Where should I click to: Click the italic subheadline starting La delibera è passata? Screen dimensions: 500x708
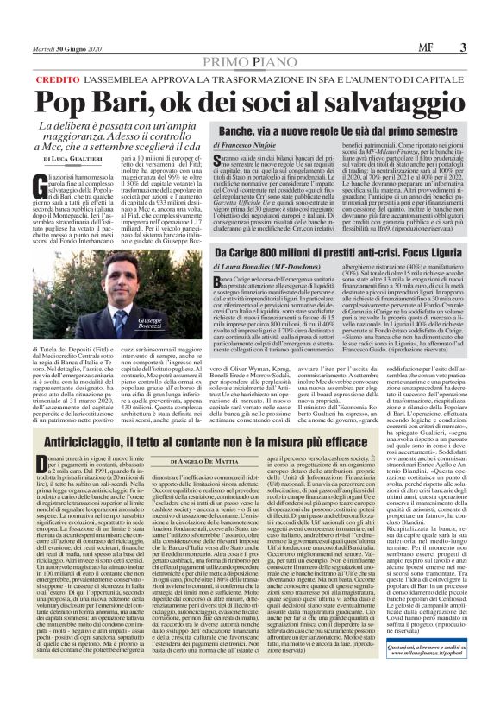125,134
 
